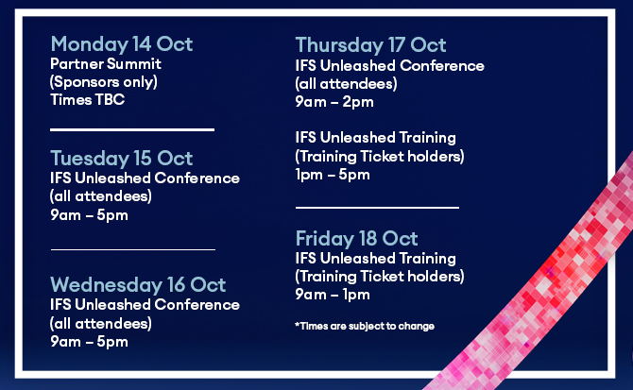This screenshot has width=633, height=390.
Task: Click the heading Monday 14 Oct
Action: tap(122, 44)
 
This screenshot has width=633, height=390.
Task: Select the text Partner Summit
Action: tap(106, 63)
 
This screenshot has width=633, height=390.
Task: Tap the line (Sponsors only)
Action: tap(104, 82)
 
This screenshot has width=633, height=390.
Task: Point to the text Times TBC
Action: tap(88, 99)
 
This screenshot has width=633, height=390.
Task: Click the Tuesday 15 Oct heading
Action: tap(122, 158)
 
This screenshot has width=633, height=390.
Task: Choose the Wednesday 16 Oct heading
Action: tap(138, 285)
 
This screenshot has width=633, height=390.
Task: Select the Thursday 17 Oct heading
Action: tap(370, 44)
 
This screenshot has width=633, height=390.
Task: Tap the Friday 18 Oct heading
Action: tap(356, 238)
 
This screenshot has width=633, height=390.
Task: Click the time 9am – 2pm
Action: tap(334, 102)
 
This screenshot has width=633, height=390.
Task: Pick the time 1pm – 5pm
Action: tap(333, 175)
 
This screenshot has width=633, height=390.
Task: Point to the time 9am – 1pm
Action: tap(333, 295)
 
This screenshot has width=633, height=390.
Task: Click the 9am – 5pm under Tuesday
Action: tap(89, 215)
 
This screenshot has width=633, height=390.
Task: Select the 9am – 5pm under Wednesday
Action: tap(89, 342)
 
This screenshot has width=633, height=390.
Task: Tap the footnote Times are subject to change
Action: tap(365, 326)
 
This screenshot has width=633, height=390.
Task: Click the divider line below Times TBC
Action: tap(132, 130)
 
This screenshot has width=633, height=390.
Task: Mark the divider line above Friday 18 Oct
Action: tap(378, 208)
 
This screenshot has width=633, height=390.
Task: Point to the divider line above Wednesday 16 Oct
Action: tap(133, 249)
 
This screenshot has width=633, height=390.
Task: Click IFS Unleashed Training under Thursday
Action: tap(375, 138)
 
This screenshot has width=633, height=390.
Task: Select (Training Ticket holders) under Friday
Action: tap(380, 277)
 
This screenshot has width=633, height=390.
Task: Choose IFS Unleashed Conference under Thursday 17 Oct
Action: tap(389, 66)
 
